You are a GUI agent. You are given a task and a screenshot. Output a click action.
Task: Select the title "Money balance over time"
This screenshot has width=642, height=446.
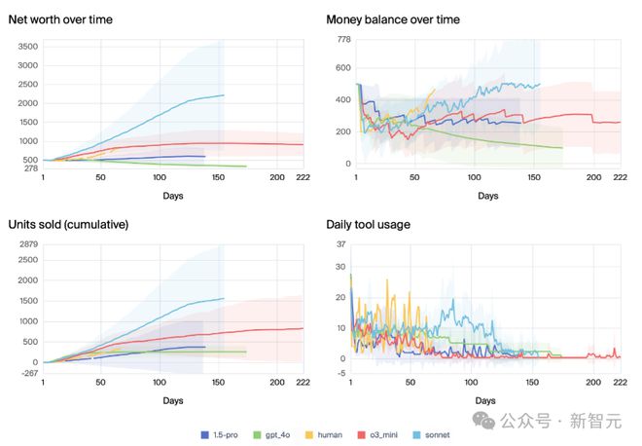pyautogui.click(x=393, y=19)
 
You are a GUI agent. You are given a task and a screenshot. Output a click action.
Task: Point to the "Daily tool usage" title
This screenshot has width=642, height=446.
pyautogui.click(x=368, y=225)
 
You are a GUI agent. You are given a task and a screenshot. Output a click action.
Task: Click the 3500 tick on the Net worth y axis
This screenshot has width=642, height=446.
pyautogui.click(x=26, y=47)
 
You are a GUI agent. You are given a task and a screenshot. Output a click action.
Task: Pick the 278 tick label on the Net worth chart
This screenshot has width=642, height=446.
pyautogui.click(x=30, y=167)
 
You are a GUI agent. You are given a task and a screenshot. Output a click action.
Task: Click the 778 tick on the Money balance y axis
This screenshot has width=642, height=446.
pyautogui.click(x=342, y=39)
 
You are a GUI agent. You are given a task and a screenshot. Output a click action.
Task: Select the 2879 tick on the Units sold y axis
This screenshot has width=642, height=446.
pyautogui.click(x=26, y=243)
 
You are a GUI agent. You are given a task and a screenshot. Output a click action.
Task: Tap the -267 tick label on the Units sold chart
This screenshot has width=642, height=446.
pyautogui.click(x=28, y=372)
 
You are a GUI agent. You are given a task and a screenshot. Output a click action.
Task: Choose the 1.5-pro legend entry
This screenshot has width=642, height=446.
pyautogui.click(x=222, y=434)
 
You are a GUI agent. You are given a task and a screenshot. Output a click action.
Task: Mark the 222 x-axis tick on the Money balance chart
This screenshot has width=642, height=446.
pyautogui.click(x=614, y=177)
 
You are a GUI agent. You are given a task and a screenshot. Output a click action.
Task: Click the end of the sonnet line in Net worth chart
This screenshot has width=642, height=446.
pyautogui.click(x=224, y=95)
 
